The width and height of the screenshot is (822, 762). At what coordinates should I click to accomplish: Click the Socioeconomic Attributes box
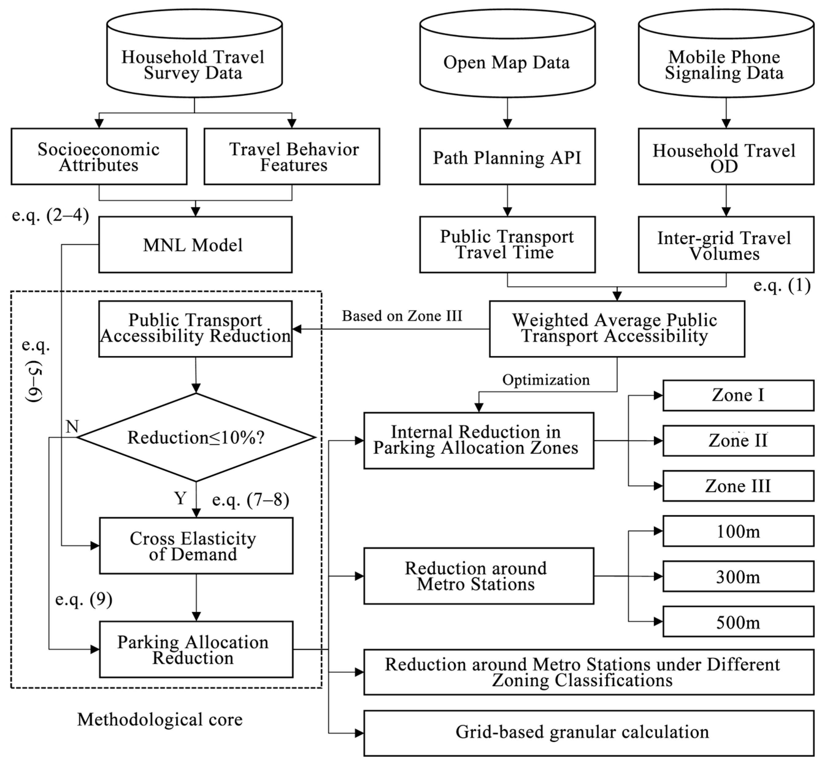(x=99, y=156)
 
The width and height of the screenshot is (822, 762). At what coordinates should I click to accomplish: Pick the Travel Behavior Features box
(x=292, y=156)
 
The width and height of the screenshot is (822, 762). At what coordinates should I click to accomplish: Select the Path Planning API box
(x=507, y=156)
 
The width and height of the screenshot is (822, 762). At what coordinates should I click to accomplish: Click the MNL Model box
(x=195, y=245)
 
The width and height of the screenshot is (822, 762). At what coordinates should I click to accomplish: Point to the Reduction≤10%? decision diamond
(x=196, y=437)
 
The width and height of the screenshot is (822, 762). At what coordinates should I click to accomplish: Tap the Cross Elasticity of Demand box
(x=196, y=546)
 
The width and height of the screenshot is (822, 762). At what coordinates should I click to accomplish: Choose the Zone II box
(x=738, y=440)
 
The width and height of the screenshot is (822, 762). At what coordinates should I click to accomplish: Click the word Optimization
(x=546, y=380)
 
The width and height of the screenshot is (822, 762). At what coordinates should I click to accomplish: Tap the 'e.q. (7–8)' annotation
(x=250, y=499)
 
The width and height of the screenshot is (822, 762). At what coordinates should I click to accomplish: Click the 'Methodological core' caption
(x=160, y=719)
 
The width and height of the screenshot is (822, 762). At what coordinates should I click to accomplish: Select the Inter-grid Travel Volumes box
(x=726, y=245)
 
